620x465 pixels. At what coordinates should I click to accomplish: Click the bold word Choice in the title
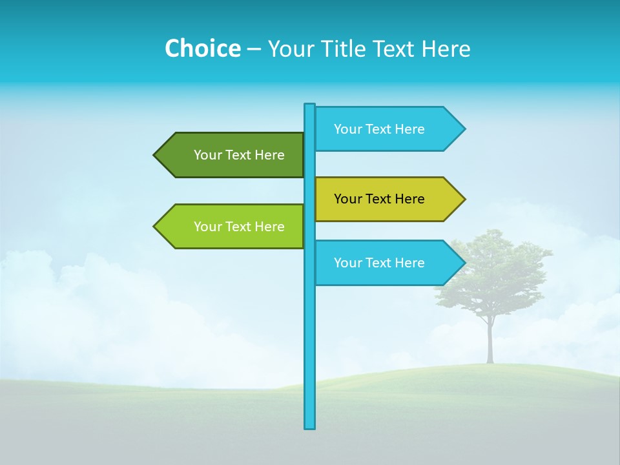coord(202,48)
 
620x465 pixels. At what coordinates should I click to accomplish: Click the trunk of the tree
coord(490,342)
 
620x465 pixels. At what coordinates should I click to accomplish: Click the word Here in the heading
coord(446,48)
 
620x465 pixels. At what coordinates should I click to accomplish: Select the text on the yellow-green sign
coord(379,199)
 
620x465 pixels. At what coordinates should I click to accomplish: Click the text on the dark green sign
coord(239,155)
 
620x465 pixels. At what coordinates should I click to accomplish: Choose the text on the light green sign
coord(239,227)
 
